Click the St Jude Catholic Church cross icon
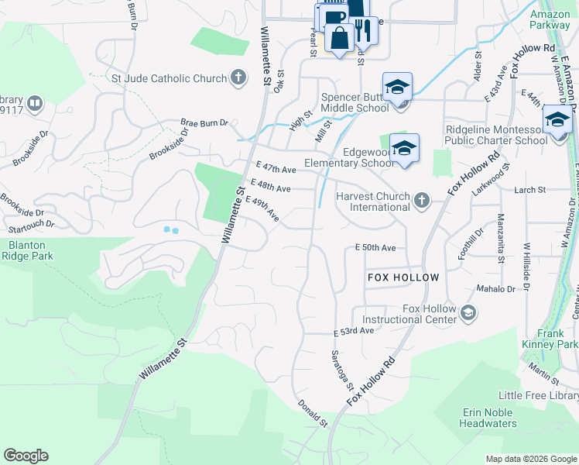coord(238,78)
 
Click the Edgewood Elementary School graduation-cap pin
coord(404,147)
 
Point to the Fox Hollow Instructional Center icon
coord(468,313)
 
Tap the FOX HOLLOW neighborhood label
coord(403,277)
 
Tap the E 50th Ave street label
coord(375,248)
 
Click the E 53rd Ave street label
coord(354,331)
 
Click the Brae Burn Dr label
coord(204,122)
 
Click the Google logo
coord(26,456)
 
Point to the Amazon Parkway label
coord(550,19)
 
